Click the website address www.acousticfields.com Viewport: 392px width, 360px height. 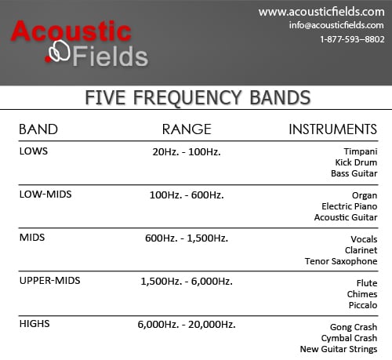click(x=321, y=12)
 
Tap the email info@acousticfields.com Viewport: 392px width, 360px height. click(x=336, y=25)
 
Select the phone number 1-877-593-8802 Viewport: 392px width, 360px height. click(x=352, y=39)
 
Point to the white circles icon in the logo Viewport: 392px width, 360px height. click(x=60, y=51)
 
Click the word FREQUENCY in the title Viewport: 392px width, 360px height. click(x=187, y=98)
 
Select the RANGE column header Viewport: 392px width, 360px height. click(x=187, y=129)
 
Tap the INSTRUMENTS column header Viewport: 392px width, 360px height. click(x=332, y=129)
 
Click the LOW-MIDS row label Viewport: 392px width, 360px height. click(x=45, y=195)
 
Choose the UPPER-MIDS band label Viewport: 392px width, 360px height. click(x=50, y=281)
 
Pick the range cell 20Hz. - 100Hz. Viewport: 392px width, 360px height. click(x=187, y=152)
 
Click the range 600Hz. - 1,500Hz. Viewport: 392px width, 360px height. click(x=187, y=238)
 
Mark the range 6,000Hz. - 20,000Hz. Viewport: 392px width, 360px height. click(x=187, y=325)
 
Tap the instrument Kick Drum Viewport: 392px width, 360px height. click(x=356, y=162)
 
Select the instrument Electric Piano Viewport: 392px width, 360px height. click(x=350, y=206)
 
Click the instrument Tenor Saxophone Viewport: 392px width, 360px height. click(x=341, y=261)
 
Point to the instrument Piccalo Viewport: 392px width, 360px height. click(x=363, y=305)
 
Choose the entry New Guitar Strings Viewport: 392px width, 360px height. click(x=339, y=349)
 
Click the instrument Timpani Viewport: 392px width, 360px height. click(x=361, y=151)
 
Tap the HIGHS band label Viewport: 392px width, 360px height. click(x=34, y=324)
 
